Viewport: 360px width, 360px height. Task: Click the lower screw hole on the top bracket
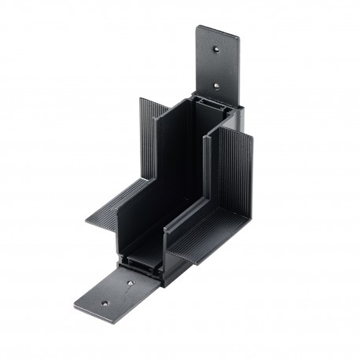pyautogui.click(x=215, y=86)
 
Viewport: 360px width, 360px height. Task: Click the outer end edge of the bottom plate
pyautogui.click(x=86, y=309)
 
